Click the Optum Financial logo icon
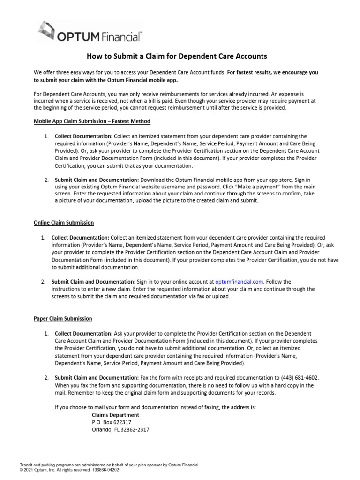pos(47,30)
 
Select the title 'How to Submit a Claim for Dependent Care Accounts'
pos(177,56)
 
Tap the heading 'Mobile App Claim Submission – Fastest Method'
pos(92,121)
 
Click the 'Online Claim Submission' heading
pos(64,223)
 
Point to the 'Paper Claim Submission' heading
pos(63,318)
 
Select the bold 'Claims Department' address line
pos(115,415)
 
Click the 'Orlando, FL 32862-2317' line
pos(120,430)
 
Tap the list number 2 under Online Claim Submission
pos(43,282)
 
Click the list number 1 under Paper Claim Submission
pos(46,333)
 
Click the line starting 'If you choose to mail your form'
pos(155,408)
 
